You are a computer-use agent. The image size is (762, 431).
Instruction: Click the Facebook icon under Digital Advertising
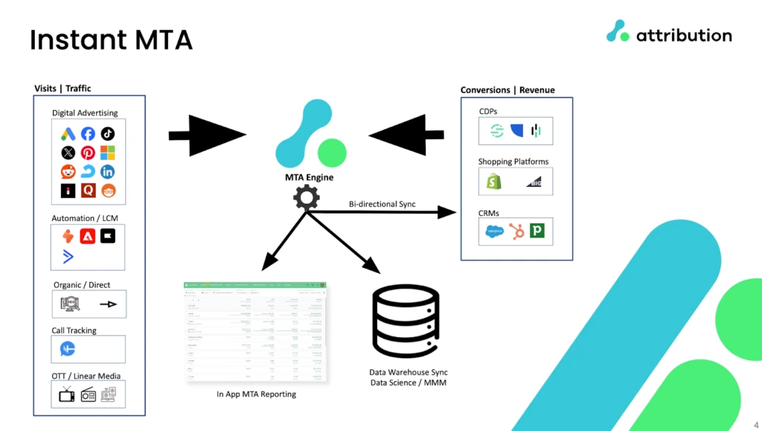88,134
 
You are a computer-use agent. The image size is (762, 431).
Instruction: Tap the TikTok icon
108,134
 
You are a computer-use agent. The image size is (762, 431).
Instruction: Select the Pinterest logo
88,153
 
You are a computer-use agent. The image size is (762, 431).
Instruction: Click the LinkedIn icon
108,172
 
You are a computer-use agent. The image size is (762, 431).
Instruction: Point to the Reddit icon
68,172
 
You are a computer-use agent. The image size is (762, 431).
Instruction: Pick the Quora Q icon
88,191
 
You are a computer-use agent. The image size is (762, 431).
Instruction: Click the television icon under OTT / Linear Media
67,395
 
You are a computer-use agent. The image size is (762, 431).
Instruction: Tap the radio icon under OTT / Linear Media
88,395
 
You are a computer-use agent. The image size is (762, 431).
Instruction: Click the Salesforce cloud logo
493,231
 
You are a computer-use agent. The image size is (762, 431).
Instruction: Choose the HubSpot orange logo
515,231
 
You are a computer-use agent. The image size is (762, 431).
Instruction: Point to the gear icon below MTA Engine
306,198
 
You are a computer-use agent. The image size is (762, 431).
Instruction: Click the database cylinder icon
406,320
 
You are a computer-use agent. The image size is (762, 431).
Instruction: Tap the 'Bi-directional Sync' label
382,204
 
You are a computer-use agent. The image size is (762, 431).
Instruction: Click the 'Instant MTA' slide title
112,39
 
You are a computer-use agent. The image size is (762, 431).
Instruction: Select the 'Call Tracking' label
74,331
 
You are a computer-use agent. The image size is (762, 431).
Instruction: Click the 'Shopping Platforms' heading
513,162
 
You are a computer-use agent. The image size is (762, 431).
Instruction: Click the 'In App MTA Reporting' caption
256,395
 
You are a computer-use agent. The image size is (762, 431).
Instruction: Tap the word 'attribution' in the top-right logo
684,34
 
